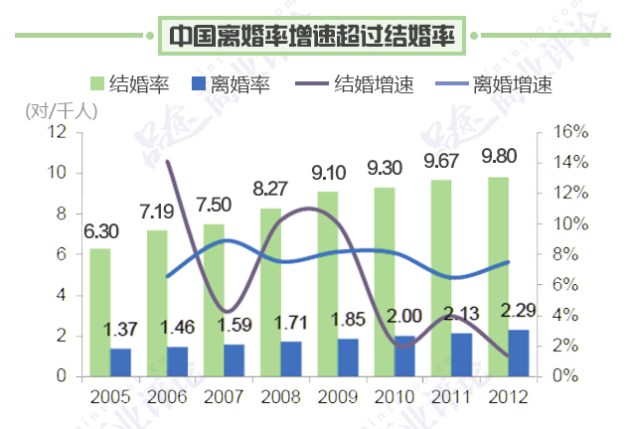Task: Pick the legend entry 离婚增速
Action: (x=513, y=83)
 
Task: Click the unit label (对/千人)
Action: (x=62, y=111)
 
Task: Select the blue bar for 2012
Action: (x=518, y=353)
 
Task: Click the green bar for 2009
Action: (x=328, y=283)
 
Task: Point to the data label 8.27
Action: (x=270, y=188)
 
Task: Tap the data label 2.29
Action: (x=519, y=309)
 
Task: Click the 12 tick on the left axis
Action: (x=57, y=132)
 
